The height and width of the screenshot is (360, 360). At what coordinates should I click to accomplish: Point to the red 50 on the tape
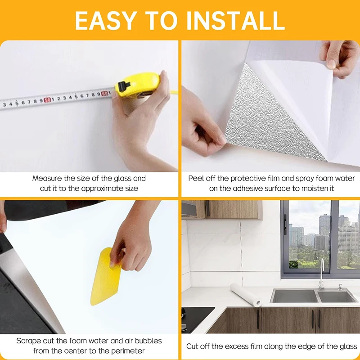click(47, 100)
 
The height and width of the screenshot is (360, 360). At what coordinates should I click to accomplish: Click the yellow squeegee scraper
click(105, 276)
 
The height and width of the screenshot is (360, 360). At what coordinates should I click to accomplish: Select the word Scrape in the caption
click(29, 341)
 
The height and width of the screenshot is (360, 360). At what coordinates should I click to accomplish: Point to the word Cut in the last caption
click(193, 346)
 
